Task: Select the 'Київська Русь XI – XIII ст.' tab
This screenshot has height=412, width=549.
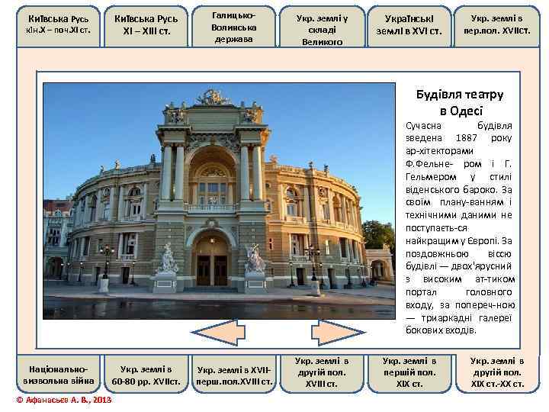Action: (146, 24)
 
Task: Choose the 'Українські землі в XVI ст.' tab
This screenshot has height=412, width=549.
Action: (409, 24)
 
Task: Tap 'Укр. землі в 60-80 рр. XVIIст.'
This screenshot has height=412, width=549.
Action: (146, 372)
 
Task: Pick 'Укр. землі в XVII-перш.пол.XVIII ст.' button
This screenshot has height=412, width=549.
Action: (233, 372)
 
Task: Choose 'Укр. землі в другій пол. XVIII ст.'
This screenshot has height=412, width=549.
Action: (321, 372)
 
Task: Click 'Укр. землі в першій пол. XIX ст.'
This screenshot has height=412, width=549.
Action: (409, 372)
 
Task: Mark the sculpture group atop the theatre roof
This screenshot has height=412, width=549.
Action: (213, 97)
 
